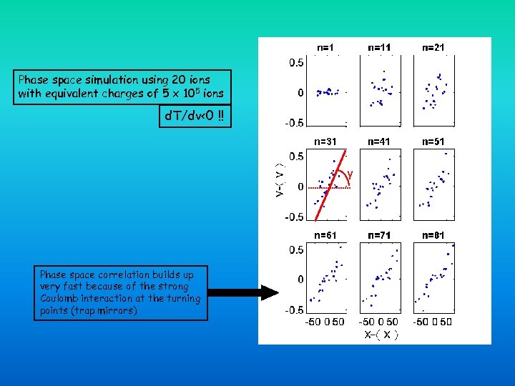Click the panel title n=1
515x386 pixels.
tap(325, 48)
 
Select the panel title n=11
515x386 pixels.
tap(379, 48)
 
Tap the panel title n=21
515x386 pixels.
tap(433, 48)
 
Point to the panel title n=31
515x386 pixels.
tap(325, 142)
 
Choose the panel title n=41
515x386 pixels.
tap(379, 142)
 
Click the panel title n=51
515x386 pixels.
tap(433, 142)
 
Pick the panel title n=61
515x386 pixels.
tap(325, 235)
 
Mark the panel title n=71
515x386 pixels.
tap(379, 235)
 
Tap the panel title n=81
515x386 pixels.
tap(433, 235)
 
